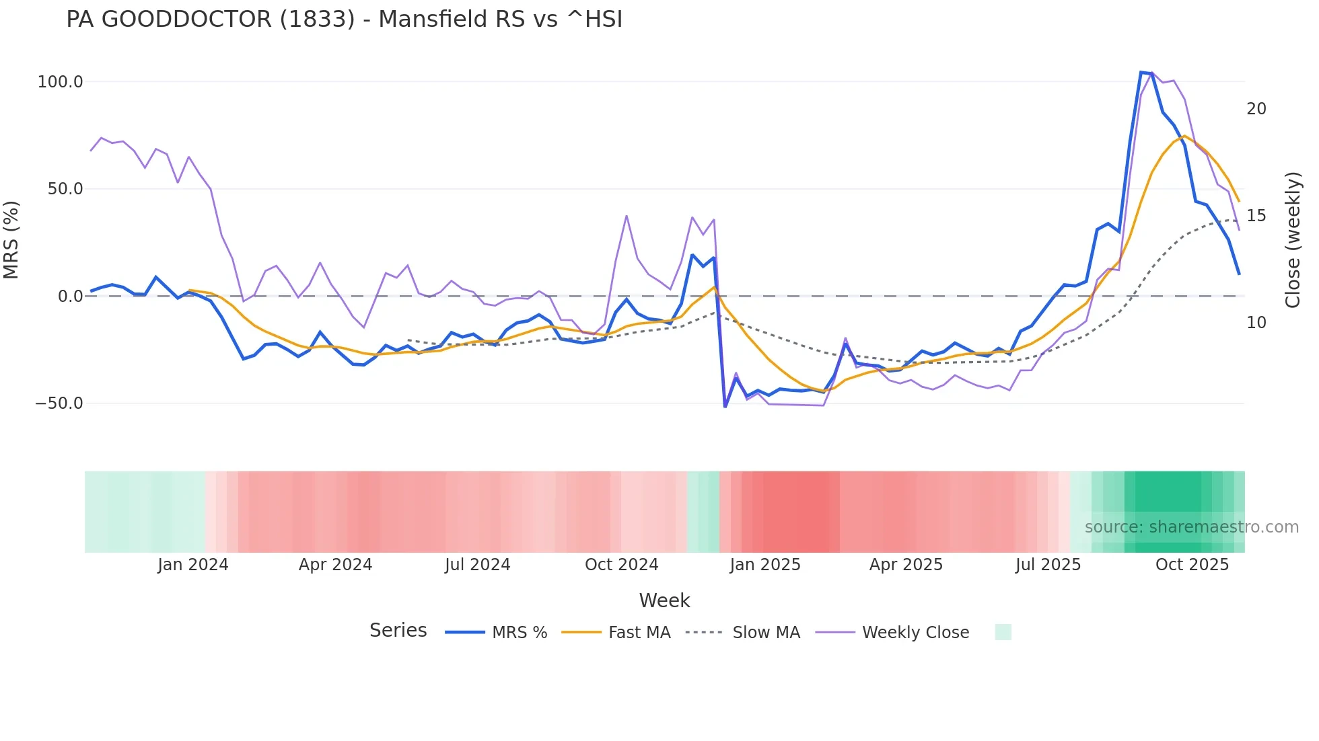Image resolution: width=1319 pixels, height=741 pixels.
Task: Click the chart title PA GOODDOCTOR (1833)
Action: (x=344, y=19)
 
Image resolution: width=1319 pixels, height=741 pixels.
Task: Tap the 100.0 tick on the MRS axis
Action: (x=60, y=82)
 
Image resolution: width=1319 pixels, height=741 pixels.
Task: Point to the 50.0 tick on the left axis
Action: (x=65, y=189)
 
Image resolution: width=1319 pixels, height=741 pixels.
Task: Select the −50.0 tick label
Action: (x=59, y=403)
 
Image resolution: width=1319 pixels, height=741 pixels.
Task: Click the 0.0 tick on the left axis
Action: (x=70, y=297)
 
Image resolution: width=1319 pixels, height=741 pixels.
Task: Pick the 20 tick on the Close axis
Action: (x=1256, y=109)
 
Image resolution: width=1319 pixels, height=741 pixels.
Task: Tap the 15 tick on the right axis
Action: (x=1256, y=216)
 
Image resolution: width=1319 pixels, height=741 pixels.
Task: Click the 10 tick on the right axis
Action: (x=1256, y=323)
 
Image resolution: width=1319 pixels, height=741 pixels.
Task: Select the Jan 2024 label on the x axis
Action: (x=193, y=565)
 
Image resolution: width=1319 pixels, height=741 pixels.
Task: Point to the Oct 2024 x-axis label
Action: (x=621, y=565)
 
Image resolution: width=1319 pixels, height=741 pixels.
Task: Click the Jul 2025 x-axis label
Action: (x=1048, y=565)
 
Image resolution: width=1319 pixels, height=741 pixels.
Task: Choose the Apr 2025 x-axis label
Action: (x=906, y=565)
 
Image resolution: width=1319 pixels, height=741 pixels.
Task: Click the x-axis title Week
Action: (x=664, y=600)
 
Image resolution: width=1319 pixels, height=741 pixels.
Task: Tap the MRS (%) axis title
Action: (x=11, y=240)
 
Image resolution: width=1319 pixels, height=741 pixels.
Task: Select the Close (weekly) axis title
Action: (x=1293, y=240)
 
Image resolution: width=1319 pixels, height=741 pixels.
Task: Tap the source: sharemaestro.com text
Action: (x=1191, y=527)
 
